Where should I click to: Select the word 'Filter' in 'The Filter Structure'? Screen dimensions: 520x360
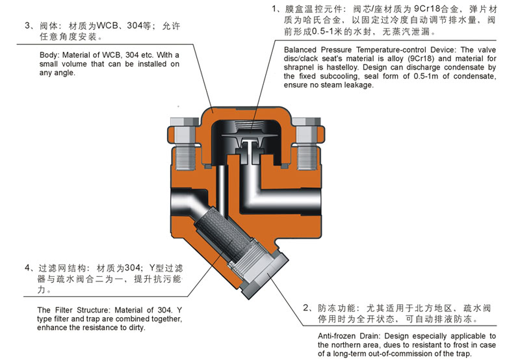64,310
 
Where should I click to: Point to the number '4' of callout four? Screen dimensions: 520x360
27,268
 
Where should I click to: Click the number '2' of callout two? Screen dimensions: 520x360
305,308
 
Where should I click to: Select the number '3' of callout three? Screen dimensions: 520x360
27,25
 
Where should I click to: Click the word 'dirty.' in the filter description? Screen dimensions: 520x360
137,328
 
